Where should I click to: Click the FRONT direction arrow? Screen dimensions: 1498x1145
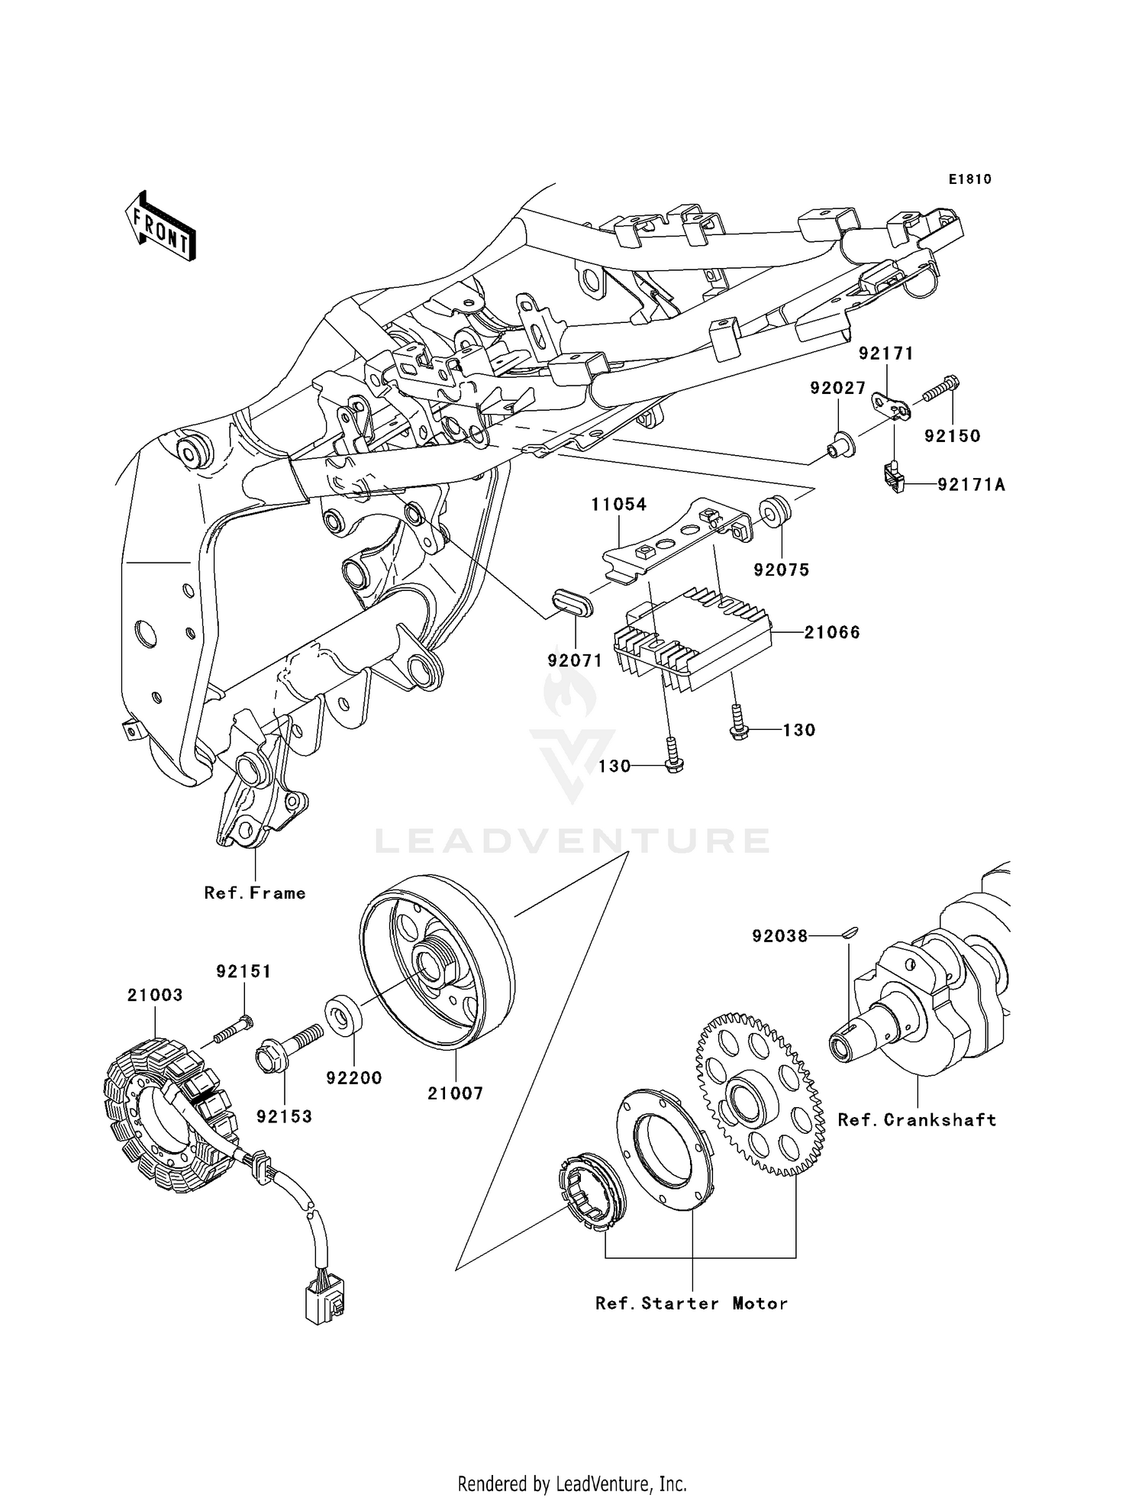161,227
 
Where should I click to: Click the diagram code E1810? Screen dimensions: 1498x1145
969,179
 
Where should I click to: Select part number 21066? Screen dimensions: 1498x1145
832,632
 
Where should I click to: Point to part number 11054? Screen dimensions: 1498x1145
618,504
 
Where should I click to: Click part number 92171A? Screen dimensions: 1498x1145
971,484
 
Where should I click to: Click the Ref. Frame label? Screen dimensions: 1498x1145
255,893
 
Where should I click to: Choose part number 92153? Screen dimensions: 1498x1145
284,1116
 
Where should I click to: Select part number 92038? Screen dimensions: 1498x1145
779,935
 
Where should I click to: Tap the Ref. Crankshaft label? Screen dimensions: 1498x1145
917,1120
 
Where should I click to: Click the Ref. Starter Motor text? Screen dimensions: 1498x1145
691,1303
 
